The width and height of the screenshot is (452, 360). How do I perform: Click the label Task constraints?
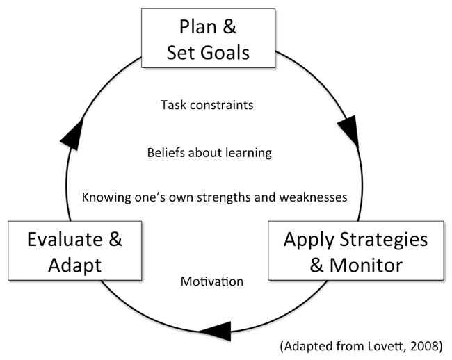[x=207, y=106]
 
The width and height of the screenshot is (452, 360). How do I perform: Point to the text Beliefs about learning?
[x=209, y=152]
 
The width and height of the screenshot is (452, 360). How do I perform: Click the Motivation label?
[x=212, y=281]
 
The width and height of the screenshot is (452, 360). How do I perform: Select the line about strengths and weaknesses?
[x=214, y=197]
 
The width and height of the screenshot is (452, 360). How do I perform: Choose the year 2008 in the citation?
[x=421, y=345]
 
